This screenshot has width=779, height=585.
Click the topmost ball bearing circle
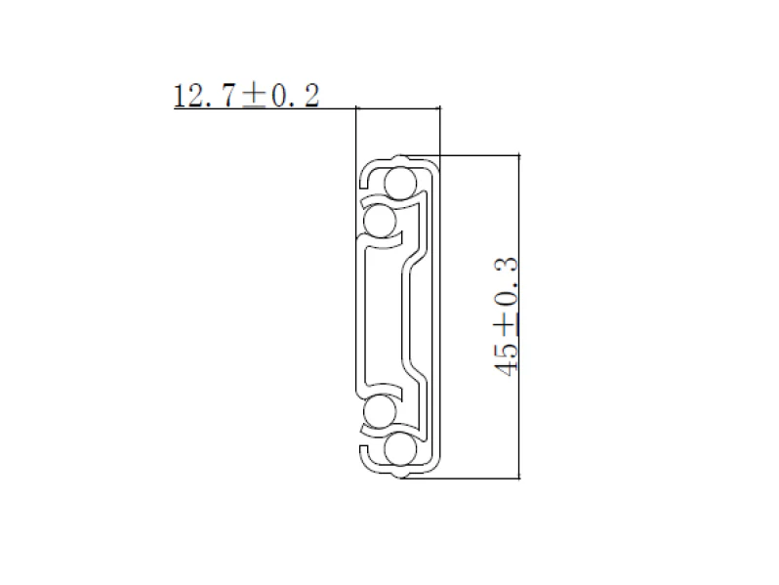point(398,183)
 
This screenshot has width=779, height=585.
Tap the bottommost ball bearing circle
point(398,450)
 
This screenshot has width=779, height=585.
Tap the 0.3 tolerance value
point(505,278)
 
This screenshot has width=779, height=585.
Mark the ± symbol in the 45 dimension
point(506,327)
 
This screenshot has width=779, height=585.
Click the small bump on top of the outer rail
point(398,156)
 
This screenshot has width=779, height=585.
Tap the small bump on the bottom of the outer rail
point(398,477)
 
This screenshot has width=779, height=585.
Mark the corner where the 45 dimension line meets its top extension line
point(518,154)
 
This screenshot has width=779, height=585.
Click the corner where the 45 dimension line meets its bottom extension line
point(518,480)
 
